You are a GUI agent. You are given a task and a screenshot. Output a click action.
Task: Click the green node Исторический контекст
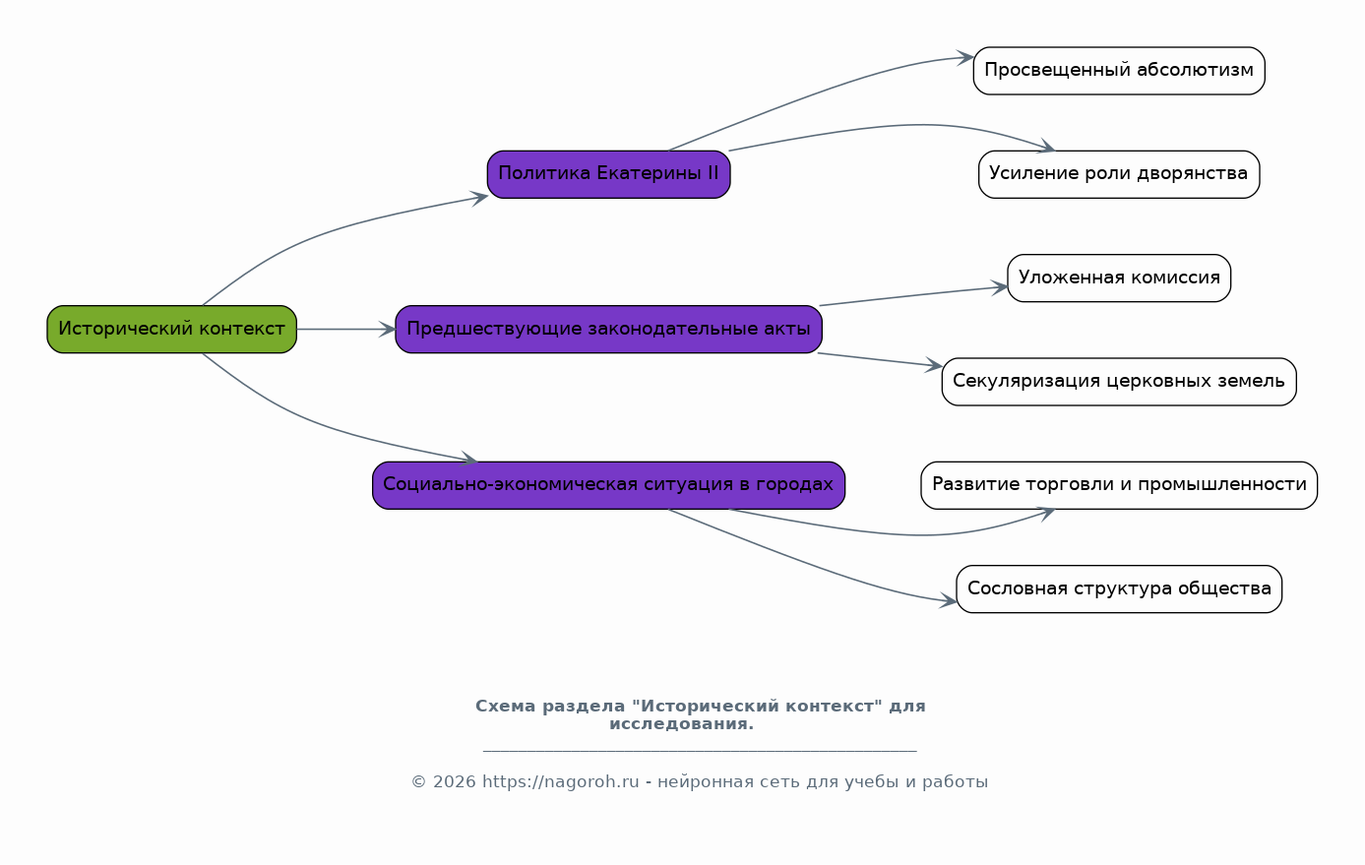pos(172,330)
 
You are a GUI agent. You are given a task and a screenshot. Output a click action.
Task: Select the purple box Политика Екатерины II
pos(609,174)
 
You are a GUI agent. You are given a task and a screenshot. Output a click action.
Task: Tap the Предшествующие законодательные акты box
pos(609,330)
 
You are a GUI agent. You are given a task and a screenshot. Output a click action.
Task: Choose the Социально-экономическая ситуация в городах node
pos(609,485)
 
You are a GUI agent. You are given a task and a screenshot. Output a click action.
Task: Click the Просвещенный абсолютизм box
pos(1119,71)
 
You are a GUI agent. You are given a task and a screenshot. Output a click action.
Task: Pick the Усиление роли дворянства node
pos(1119,174)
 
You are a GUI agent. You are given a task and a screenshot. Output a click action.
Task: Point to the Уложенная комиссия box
pos(1119,278)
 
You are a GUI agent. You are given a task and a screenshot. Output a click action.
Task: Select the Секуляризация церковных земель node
pos(1119,382)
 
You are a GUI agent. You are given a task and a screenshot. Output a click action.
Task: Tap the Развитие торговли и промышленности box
pos(1119,485)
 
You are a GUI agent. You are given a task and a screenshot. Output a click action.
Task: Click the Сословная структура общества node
pos(1119,589)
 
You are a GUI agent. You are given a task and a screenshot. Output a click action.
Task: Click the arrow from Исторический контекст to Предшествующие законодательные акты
pos(346,330)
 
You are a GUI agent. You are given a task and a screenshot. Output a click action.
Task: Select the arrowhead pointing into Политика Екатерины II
pos(480,198)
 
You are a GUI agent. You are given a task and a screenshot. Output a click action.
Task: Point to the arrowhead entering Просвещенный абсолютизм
pos(965,58)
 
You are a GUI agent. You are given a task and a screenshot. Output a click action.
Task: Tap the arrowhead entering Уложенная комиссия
pos(999,287)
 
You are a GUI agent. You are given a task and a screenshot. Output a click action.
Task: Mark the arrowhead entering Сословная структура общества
pos(948,600)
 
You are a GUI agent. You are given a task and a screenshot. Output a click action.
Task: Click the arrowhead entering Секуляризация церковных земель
pos(934,365)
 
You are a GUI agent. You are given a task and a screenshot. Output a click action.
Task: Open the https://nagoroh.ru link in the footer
pos(561,781)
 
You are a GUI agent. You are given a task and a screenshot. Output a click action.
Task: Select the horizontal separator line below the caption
pos(700,751)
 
